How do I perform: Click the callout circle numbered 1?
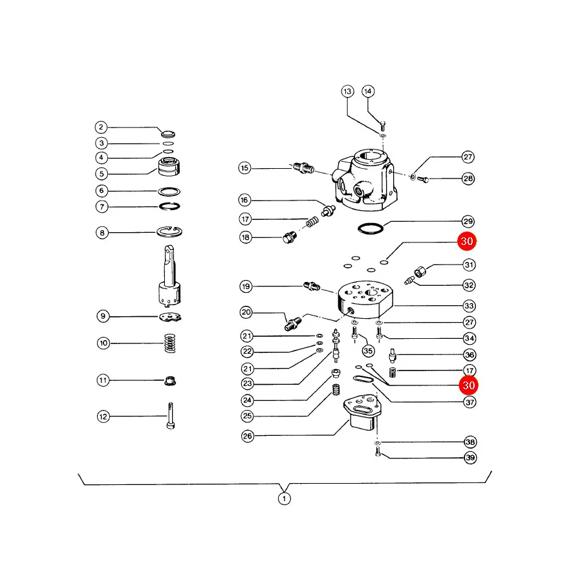(285, 499)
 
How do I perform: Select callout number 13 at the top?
(347, 91)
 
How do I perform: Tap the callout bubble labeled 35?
(368, 350)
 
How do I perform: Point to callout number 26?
(248, 436)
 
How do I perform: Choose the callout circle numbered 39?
(470, 457)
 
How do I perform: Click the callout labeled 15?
(244, 167)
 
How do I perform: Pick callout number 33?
(469, 306)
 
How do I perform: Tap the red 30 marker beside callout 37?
(468, 385)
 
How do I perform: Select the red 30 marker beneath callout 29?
(467, 241)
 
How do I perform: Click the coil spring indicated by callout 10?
(170, 343)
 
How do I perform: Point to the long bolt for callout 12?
(171, 416)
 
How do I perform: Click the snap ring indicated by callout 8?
(169, 232)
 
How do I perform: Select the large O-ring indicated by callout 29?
(371, 228)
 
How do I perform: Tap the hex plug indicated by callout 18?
(289, 237)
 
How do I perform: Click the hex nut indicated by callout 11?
(170, 381)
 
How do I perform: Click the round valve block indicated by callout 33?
(365, 299)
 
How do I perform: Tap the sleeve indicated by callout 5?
(169, 166)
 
